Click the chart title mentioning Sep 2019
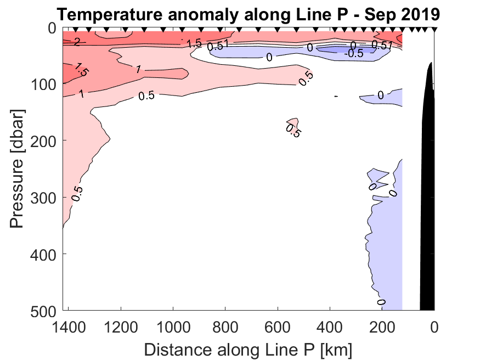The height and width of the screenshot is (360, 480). coord(248,13)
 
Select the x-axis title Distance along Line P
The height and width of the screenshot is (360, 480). coord(248,349)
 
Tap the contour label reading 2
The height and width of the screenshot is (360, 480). coord(77,42)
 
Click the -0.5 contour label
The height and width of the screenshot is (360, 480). coord(353,54)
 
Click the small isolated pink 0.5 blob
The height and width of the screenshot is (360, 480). coord(292,123)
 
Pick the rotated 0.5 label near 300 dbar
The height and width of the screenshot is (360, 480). coord(77,193)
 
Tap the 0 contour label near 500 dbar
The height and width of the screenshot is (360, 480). coord(381,302)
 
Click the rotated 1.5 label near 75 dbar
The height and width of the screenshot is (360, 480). coord(81,70)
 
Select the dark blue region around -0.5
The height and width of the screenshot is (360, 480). coord(335,50)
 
